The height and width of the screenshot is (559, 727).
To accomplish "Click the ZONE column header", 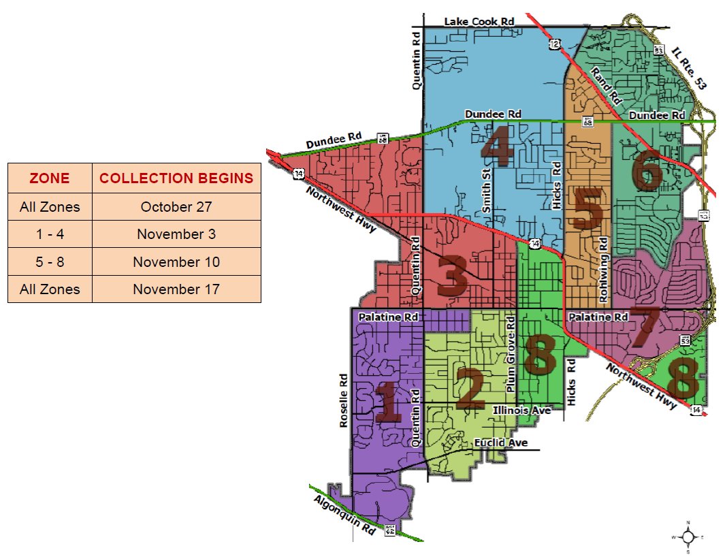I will click(50, 178).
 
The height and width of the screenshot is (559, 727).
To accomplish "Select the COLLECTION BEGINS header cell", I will click(176, 178).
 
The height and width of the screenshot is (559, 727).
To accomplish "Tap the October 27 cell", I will click(176, 207).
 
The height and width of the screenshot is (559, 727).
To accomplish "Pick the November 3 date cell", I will click(176, 234).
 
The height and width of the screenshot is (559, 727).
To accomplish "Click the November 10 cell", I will click(176, 262).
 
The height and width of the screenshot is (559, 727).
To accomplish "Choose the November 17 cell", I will click(176, 289).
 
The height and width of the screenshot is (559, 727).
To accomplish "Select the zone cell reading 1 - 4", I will click(50, 234).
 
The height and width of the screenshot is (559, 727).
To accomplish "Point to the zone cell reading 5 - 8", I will click(50, 262).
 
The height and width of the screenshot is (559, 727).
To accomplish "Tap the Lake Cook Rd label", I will click(479, 22).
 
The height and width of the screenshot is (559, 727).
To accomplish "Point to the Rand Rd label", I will click(607, 86).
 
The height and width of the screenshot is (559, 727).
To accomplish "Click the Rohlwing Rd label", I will click(603, 270).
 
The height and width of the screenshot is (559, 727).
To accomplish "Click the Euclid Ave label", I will click(502, 443).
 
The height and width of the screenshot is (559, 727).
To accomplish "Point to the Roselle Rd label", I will click(344, 401).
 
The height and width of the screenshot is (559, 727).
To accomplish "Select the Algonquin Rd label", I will click(344, 516).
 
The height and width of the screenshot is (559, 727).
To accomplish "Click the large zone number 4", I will click(497, 148).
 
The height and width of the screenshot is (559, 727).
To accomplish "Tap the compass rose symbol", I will click(688, 537).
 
